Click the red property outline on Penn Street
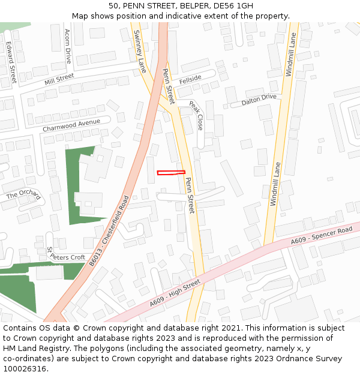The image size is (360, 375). point(171,173)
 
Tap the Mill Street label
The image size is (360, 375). point(59,79)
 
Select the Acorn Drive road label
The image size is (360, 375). point(68,46)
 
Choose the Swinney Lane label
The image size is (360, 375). point(139,51)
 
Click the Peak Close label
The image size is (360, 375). point(196,115)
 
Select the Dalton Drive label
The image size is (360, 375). point(259,100)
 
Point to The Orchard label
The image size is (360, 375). point(23,194)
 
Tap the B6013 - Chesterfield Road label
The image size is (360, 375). point(109,231)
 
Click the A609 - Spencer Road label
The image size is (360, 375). point(322,235)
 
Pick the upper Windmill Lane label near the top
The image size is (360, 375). point(290,54)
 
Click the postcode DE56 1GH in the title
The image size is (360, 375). point(233,5)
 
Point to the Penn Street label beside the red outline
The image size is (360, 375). point(190,195)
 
